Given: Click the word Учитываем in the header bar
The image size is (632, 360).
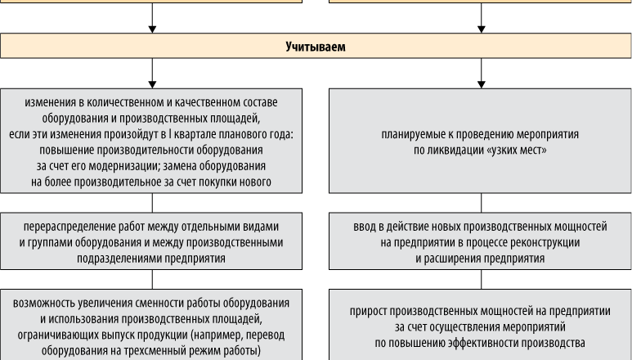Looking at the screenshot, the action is click(x=316, y=47).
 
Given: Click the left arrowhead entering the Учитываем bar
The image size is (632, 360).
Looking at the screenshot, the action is click(x=152, y=29).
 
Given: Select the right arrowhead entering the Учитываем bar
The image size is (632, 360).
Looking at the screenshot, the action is click(x=482, y=29).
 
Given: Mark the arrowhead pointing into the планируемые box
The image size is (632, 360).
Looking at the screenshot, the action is click(x=482, y=84).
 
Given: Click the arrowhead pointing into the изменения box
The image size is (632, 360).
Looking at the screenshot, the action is click(x=152, y=84).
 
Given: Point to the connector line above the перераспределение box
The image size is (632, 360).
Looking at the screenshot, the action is click(x=152, y=203).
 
